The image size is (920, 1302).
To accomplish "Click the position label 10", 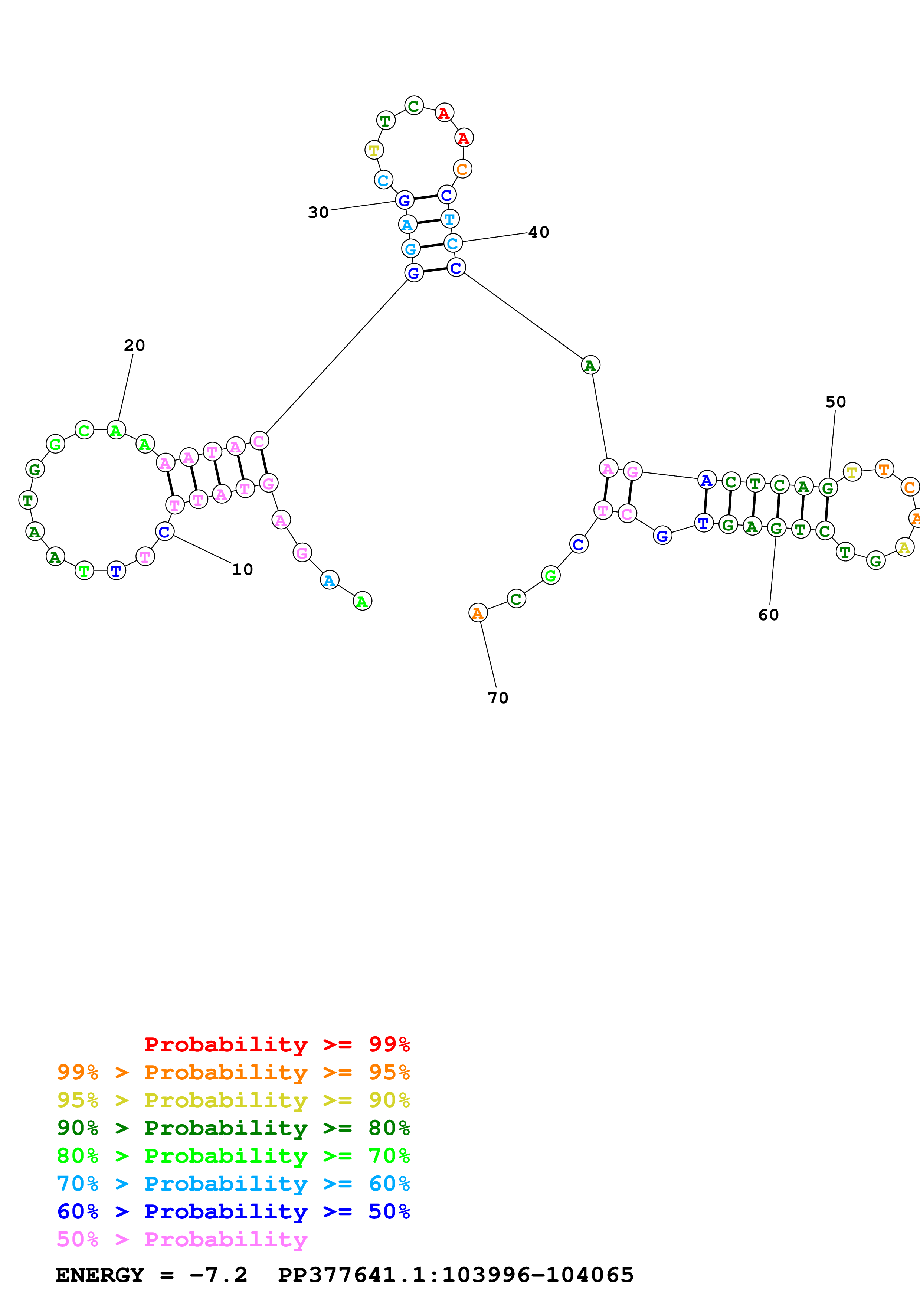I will tap(242, 569).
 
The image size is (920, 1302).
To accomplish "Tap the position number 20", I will tap(134, 345).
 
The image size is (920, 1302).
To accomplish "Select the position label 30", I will tap(318, 213).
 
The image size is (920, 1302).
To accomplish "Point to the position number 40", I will tap(538, 232).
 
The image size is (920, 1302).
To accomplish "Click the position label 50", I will tap(835, 402).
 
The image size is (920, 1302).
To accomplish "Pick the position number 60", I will tap(769, 615).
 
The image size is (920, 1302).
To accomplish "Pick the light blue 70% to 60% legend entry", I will tap(233, 1184).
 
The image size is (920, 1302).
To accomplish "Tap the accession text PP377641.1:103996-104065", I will tap(455, 1275).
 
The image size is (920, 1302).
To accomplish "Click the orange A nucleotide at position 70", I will tap(478, 613).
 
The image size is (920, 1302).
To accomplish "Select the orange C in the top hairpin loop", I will tap(462, 169).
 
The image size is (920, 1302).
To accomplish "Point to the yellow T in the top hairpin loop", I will tap(374, 150).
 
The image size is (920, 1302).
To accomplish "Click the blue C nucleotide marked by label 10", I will tap(164, 532).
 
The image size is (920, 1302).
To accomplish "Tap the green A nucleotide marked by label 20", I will tap(116, 431).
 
